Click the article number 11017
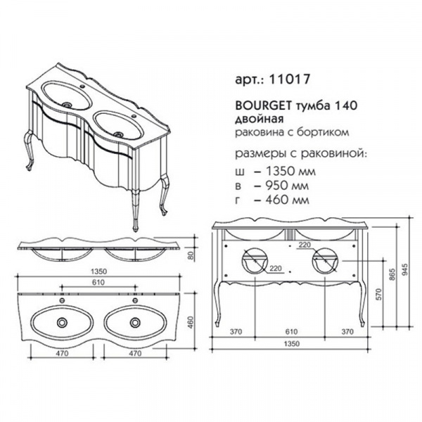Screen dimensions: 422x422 pyautogui.click(x=290, y=79)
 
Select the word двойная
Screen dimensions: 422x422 pyautogui.click(x=260, y=119)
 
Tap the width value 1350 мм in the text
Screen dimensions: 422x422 pyautogui.click(x=290, y=171)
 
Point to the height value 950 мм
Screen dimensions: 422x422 pyautogui.click(x=287, y=186)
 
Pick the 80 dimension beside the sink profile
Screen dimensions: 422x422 pyautogui.click(x=191, y=255)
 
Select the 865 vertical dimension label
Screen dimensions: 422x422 pyautogui.click(x=392, y=274)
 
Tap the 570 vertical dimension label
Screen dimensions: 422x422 pyautogui.click(x=379, y=295)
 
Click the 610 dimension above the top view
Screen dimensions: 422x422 pyautogui.click(x=98, y=282)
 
